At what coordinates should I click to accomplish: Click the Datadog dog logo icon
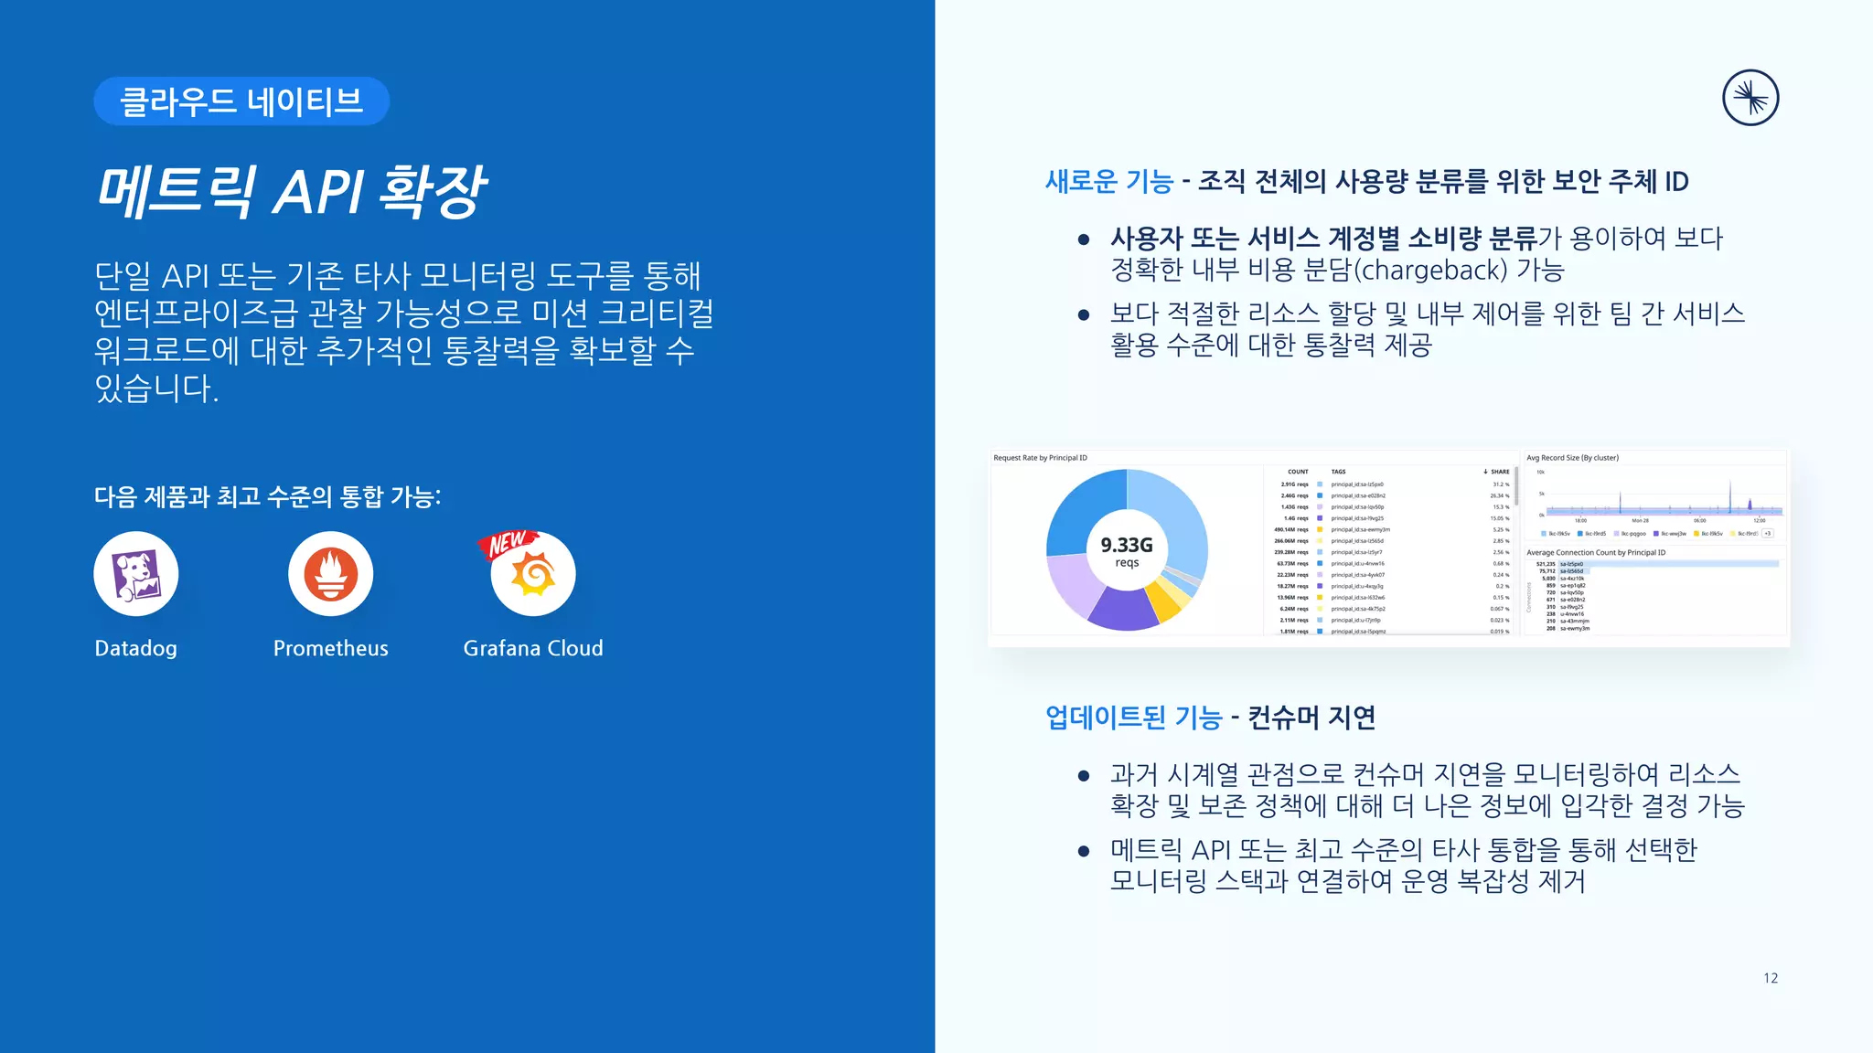(135, 574)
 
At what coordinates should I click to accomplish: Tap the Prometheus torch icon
(330, 574)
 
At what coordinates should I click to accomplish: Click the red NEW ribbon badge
(506, 544)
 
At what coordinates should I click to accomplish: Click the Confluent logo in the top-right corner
(1750, 99)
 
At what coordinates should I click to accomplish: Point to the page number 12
(1771, 978)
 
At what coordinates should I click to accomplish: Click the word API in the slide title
(317, 192)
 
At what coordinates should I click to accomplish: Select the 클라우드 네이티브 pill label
(241, 101)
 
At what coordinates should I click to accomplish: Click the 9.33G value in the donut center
(1127, 546)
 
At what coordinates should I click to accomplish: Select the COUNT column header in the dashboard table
(1298, 472)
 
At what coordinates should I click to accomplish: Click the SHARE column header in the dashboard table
(1499, 472)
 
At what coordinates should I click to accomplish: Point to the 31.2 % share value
(1500, 484)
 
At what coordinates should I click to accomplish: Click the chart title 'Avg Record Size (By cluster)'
(1572, 458)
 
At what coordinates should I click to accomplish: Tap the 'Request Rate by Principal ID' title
(1040, 458)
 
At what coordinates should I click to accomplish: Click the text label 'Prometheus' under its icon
(330, 649)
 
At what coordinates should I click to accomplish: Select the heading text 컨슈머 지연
(1311, 718)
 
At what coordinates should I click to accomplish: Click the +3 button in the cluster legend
(1768, 534)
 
